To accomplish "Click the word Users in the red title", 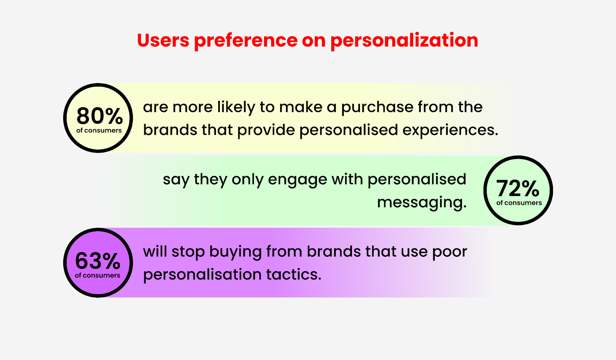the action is pyautogui.click(x=163, y=40).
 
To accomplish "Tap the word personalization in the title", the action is pyautogui.click(x=404, y=41).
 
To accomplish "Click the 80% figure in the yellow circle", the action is pyautogui.click(x=100, y=116).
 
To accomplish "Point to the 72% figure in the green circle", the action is pyautogui.click(x=517, y=188).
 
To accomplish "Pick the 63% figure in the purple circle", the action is pyautogui.click(x=98, y=261).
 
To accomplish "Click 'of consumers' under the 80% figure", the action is pyautogui.click(x=99, y=131).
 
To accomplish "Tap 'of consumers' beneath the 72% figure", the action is pyautogui.click(x=519, y=203).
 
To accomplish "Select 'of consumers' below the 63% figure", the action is pyautogui.click(x=97, y=275).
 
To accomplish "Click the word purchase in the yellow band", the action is pyautogui.click(x=377, y=107).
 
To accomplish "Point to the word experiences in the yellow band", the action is pyautogui.click(x=450, y=131).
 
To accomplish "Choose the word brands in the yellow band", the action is pyautogui.click(x=170, y=130).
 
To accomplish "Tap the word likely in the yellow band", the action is pyautogui.click(x=236, y=107).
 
